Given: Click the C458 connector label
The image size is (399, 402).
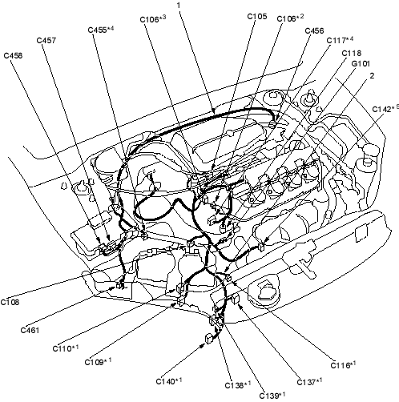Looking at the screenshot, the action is coord(13,55).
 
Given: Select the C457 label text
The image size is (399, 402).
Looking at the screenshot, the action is coord(46,40).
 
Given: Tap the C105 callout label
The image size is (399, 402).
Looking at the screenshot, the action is coord(257,17).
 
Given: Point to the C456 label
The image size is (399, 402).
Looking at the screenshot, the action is coord(314,31).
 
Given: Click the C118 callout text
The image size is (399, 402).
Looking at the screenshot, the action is coord(352,54).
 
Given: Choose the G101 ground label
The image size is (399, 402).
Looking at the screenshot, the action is coord(361,64).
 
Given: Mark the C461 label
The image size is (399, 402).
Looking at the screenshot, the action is coord(30,330).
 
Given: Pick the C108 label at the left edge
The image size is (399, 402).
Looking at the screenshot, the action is coord(10,302).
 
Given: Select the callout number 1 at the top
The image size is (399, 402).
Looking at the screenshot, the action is coord(179,5).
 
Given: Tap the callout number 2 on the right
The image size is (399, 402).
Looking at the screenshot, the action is coord(372,76).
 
